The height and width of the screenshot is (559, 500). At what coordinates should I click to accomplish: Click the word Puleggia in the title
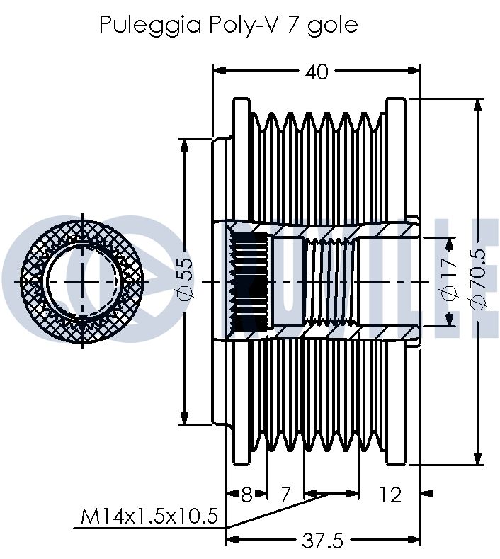150,25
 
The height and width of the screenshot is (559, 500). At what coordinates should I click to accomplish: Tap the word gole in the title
332,26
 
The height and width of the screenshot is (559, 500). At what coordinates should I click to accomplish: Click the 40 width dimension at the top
317,72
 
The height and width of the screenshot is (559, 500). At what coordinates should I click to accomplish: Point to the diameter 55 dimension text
185,279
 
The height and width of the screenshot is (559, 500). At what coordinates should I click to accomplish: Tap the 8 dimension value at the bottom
246,495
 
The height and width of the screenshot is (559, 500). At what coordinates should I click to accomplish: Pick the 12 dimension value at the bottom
390,495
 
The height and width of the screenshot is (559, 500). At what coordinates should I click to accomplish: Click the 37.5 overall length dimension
322,540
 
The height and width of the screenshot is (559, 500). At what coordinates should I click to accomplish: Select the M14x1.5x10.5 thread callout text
149,516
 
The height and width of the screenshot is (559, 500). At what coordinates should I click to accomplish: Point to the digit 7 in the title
292,25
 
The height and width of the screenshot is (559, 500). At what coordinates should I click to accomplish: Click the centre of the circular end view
83,282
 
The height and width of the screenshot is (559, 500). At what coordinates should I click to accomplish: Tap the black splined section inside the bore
249,282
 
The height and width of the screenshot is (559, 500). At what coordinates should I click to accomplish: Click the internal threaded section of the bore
331,282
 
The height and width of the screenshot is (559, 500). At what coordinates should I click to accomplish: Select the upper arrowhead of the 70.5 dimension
477,106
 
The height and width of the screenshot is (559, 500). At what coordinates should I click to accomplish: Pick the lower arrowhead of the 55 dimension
184,417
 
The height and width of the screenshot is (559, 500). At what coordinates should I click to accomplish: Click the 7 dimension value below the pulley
285,495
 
